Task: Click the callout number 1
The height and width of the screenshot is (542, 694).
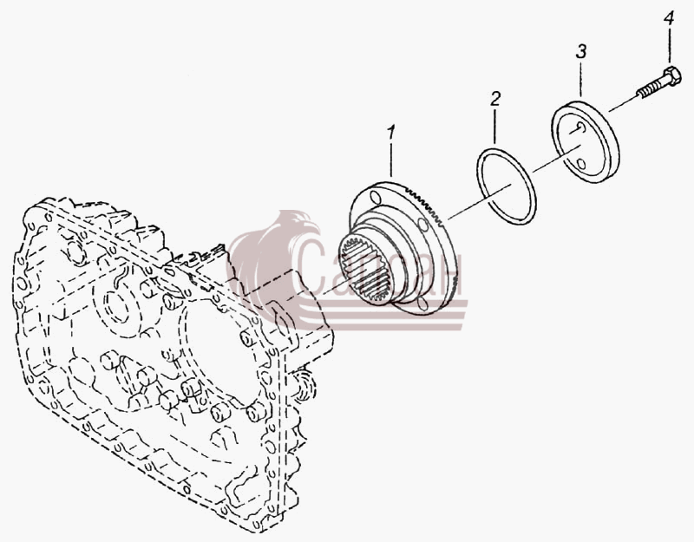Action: (x=391, y=133)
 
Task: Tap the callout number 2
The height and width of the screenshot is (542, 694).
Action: (x=495, y=99)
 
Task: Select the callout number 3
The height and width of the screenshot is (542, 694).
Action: (x=581, y=52)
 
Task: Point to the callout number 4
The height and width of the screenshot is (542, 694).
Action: (x=668, y=19)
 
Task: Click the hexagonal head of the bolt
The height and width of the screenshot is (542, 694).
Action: (x=671, y=76)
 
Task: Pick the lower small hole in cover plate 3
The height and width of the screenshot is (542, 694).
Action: (x=581, y=164)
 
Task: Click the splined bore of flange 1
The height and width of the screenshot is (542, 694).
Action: (x=366, y=271)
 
